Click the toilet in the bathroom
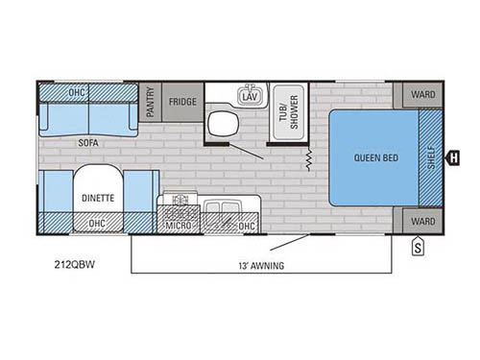[223, 124]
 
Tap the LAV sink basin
[250, 95]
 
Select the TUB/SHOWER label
[289, 112]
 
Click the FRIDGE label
[182, 102]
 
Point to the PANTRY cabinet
[150, 102]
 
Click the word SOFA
[88, 143]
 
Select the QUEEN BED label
[376, 157]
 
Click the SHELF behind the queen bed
[431, 157]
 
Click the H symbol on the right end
[453, 157]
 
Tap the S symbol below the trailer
[418, 247]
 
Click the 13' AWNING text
[261, 266]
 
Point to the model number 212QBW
[75, 265]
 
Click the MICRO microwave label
[179, 226]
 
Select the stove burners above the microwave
[180, 200]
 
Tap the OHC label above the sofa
[77, 92]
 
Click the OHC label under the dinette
[97, 223]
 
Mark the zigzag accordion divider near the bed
[309, 159]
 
